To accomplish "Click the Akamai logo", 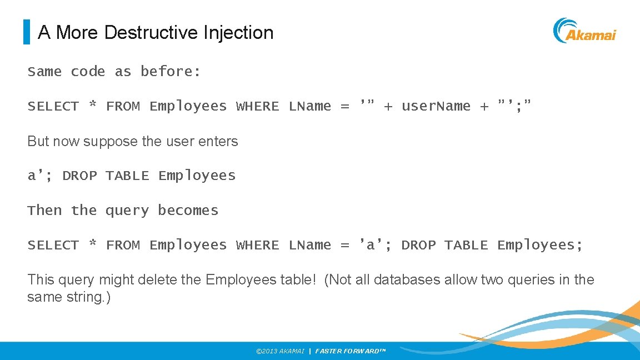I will (584, 31).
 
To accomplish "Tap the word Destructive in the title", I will (148, 33).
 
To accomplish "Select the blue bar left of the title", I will (26, 32).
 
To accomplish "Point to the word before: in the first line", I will (171, 72).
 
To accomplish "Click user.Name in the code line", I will (436, 106).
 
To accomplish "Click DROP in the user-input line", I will (79, 176).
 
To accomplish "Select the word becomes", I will (188, 211).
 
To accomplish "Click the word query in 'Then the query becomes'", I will (127, 211).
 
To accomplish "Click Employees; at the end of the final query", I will (540, 245).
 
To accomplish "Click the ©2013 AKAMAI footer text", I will (280, 351).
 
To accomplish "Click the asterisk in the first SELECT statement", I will (93, 106).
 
